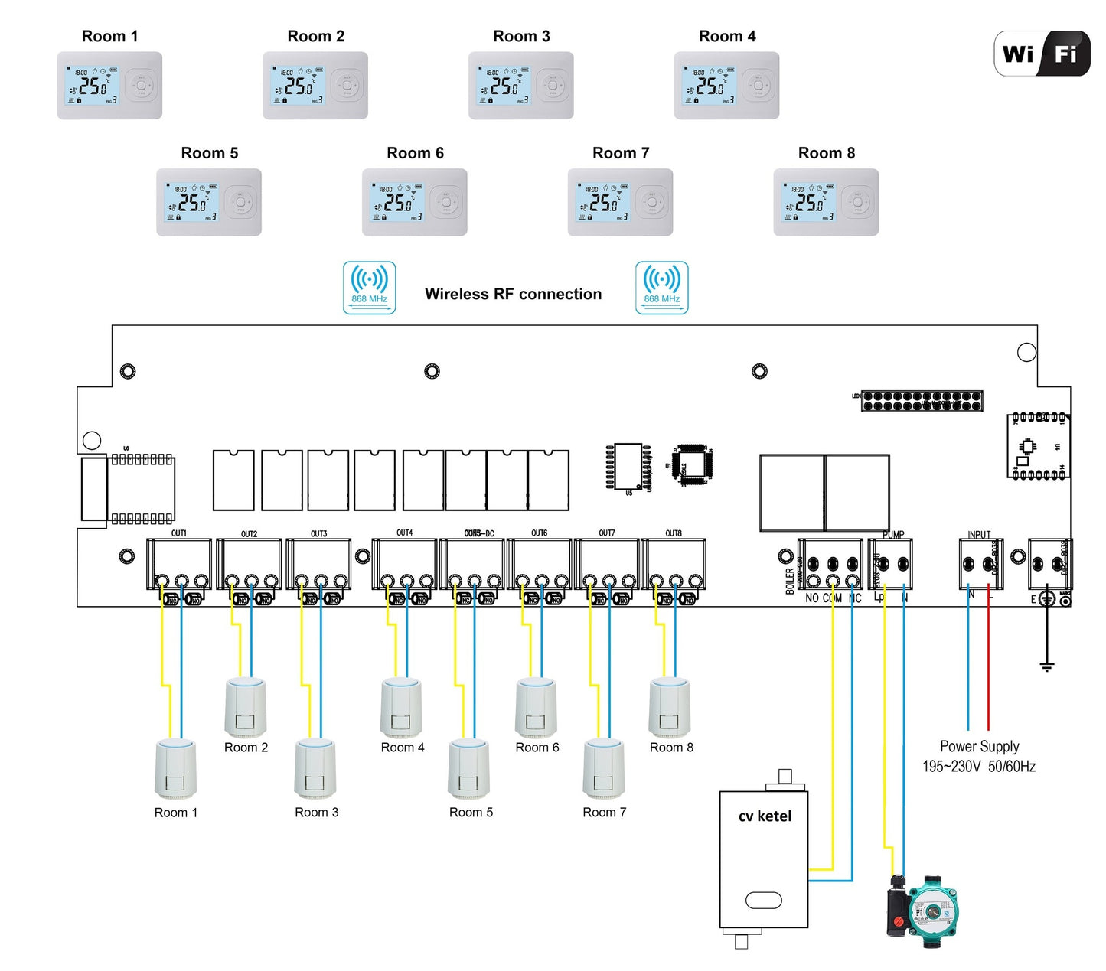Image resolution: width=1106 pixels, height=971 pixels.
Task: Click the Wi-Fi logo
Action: tap(1042, 54)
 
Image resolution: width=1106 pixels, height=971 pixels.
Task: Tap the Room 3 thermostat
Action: tap(520, 86)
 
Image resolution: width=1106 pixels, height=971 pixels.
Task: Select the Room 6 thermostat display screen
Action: tap(396, 202)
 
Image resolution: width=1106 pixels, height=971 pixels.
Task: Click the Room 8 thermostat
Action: tap(826, 202)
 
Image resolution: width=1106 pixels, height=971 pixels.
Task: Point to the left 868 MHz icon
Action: tap(369, 288)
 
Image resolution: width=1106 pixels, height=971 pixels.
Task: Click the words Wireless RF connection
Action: tap(513, 294)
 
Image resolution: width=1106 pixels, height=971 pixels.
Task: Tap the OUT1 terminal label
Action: tap(178, 533)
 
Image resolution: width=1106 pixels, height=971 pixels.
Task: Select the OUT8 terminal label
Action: tap(674, 533)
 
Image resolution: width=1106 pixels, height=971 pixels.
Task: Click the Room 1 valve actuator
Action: tap(176, 769)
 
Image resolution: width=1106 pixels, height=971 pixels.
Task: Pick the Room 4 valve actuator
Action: tap(402, 708)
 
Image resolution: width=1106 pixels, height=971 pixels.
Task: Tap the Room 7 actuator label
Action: tap(604, 813)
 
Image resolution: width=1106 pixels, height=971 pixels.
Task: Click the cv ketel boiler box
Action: tap(764, 859)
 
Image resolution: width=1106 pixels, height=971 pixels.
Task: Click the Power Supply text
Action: tap(979, 747)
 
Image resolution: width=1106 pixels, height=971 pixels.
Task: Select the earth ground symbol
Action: tap(1047, 666)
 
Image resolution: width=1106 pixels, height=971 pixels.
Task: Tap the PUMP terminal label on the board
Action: tap(893, 535)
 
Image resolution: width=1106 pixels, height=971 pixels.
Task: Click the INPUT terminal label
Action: tap(979, 535)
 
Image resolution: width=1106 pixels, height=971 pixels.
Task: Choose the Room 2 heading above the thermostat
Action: tap(315, 36)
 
